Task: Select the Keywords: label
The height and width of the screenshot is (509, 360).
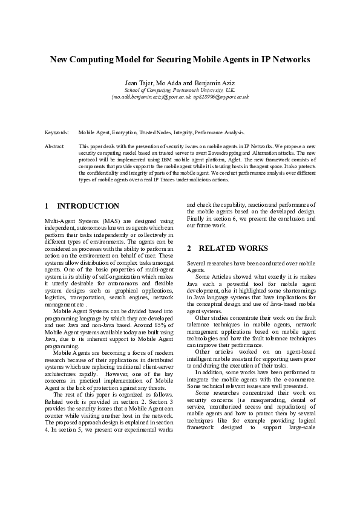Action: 56,131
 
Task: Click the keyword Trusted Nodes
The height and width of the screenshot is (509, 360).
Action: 156,131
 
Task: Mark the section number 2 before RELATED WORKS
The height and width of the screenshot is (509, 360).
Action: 189,248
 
